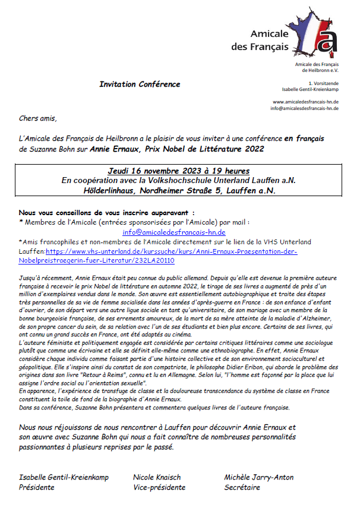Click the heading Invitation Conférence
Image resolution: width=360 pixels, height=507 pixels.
click(140, 84)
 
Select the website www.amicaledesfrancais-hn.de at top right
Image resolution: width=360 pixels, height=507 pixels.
click(305, 102)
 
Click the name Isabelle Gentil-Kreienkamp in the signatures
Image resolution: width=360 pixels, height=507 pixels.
click(64, 477)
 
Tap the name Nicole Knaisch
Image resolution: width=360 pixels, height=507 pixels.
click(157, 477)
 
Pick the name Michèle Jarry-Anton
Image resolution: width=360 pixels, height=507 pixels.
click(259, 477)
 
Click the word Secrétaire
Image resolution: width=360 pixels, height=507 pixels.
click(242, 487)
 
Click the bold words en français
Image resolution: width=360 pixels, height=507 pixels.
click(304, 138)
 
